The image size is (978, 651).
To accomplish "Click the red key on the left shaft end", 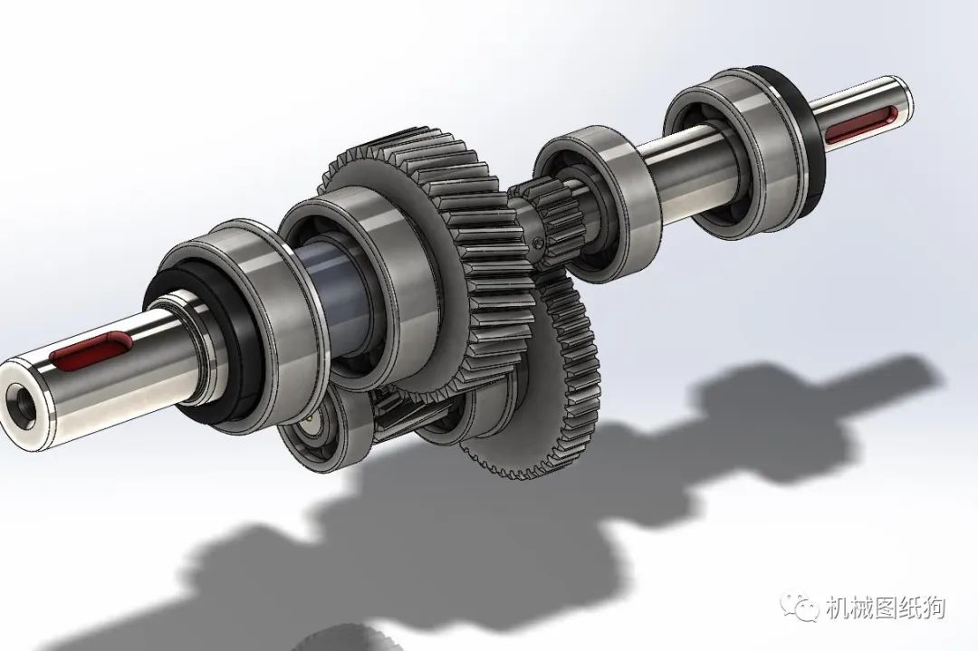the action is pos(91,348).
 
